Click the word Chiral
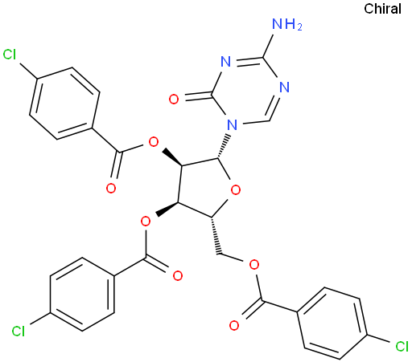(x=382, y=9)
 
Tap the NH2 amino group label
(x=287, y=24)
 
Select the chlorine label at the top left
(x=10, y=55)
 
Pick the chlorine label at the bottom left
(x=19, y=331)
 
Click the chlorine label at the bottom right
(x=402, y=347)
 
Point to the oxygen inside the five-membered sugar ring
(x=236, y=190)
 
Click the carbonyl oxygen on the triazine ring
(x=174, y=100)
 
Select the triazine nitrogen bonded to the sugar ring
(x=232, y=124)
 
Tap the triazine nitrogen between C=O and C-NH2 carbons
(x=225, y=62)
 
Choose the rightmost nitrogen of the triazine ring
(x=284, y=87)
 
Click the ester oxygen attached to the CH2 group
(x=254, y=265)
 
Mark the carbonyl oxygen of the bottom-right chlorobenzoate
(x=234, y=325)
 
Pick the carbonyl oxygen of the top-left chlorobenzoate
(x=111, y=188)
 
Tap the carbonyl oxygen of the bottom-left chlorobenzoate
(x=178, y=275)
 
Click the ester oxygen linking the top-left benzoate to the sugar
(x=154, y=142)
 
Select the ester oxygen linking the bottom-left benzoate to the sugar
(x=146, y=222)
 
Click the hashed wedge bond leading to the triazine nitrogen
(x=225, y=146)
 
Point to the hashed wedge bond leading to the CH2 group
(x=216, y=235)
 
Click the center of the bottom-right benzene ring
(x=332, y=323)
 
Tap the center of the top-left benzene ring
(x=64, y=104)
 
